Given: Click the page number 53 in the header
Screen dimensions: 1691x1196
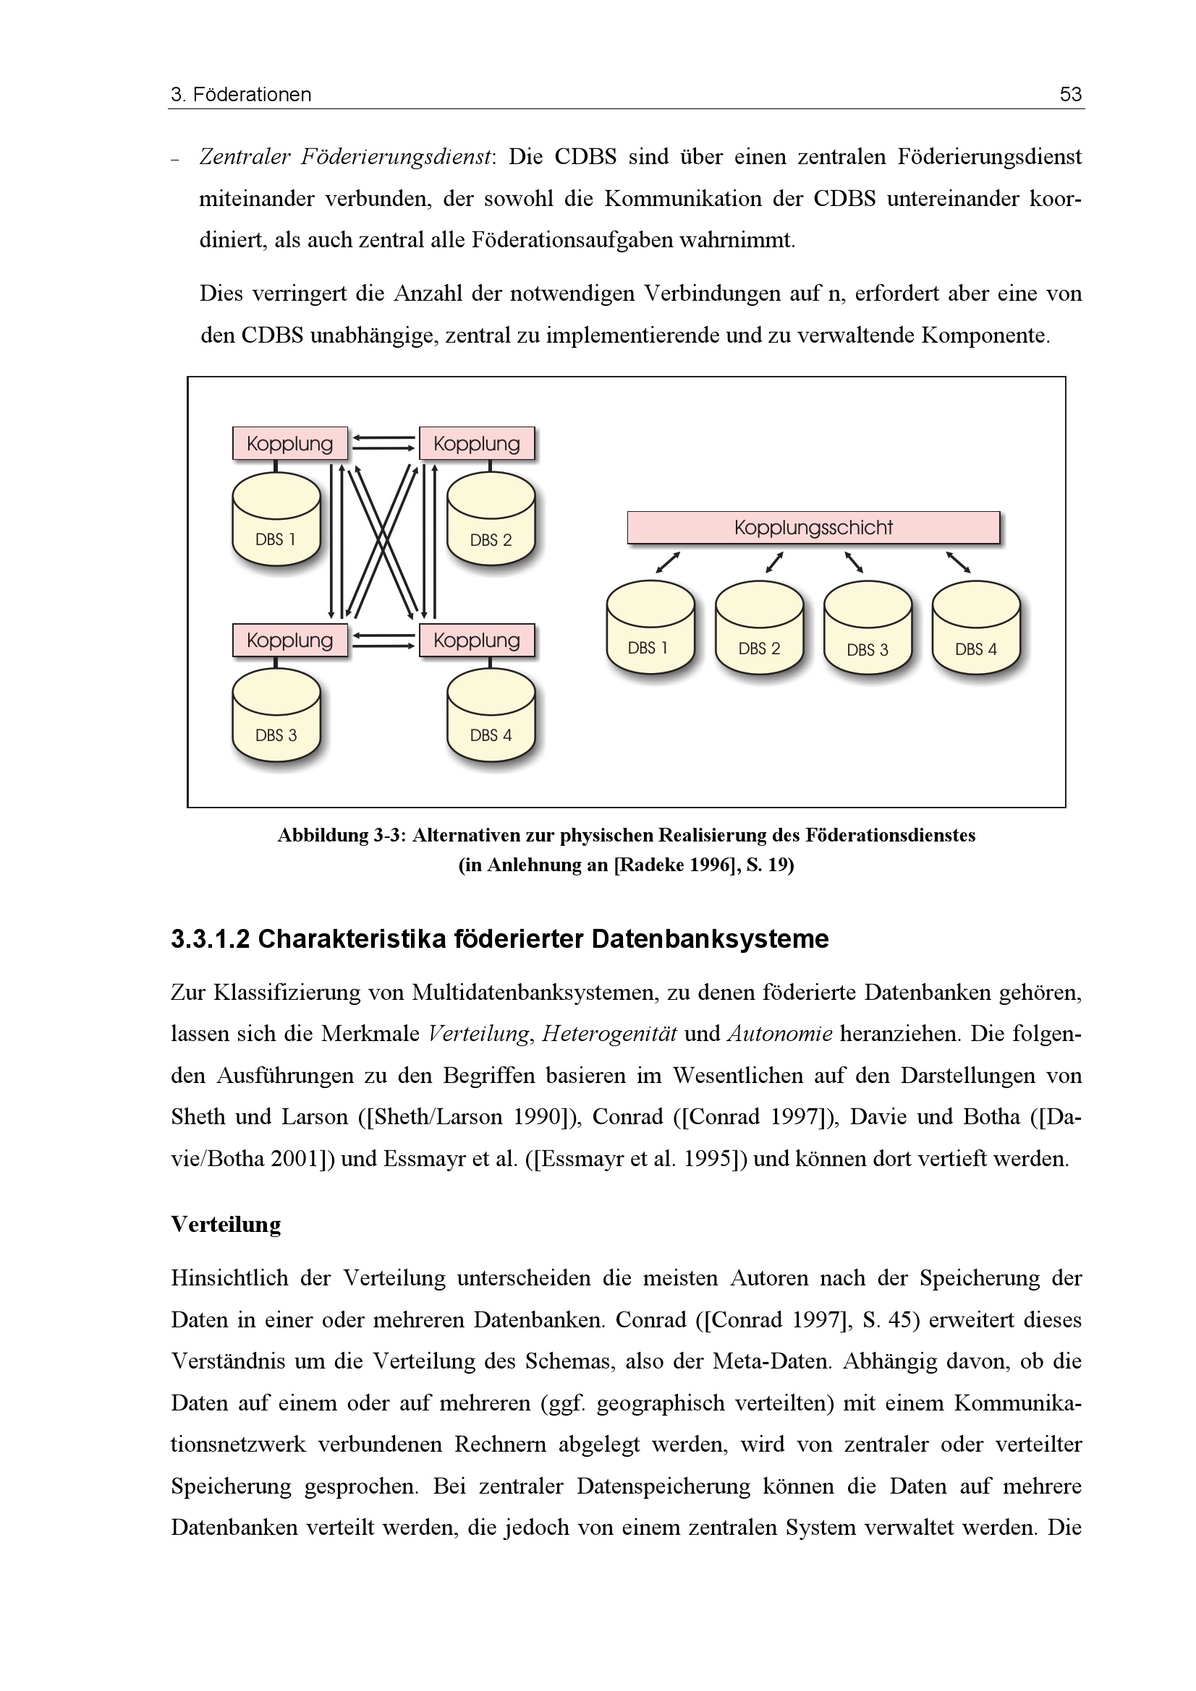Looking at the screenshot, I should pos(1070,94).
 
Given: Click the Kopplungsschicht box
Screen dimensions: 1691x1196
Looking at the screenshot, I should pos(813,527).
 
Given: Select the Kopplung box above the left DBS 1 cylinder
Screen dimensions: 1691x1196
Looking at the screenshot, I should pos(289,443).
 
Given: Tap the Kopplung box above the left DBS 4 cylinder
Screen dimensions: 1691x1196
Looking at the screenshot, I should pos(477,640).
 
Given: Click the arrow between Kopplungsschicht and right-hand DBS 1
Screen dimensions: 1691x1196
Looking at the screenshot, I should pos(668,562).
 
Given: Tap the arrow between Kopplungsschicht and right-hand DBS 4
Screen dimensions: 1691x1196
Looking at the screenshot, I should pos(958,562).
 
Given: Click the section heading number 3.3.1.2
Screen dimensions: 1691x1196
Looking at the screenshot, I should pos(211,939).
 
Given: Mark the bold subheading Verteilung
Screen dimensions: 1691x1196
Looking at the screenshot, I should pos(226,1224).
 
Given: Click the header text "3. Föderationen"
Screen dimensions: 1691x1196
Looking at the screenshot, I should pos(241,94).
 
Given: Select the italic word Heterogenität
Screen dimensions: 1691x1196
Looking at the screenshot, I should pos(608,1033).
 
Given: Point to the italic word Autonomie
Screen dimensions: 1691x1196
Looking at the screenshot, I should pos(780,1033).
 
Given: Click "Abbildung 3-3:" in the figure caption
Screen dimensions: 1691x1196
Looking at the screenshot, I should pos(342,835).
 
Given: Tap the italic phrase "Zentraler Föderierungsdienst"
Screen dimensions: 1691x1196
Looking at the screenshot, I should pos(345,157).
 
